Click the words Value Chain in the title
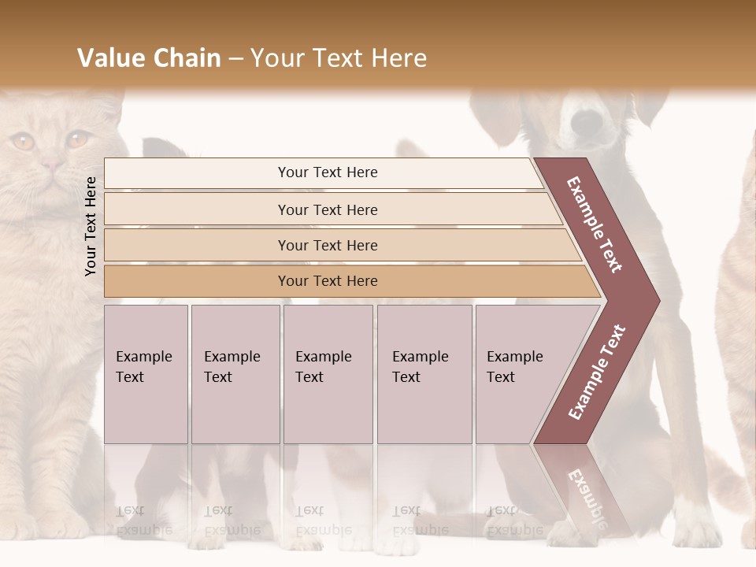[149, 58]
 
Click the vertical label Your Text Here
[91, 226]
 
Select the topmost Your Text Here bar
[327, 172]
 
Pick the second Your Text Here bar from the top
[327, 209]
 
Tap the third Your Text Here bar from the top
[327, 245]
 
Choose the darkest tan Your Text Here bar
[327, 281]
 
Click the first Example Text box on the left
[146, 373]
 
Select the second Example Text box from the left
[235, 373]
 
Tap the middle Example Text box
[328, 373]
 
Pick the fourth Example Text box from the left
[424, 373]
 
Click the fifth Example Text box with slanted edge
[520, 373]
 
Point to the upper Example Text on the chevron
[595, 225]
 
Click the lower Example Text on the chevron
[596, 372]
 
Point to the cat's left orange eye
[22, 142]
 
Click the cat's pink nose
[51, 165]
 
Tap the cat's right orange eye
[77, 139]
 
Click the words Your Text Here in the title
[339, 58]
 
